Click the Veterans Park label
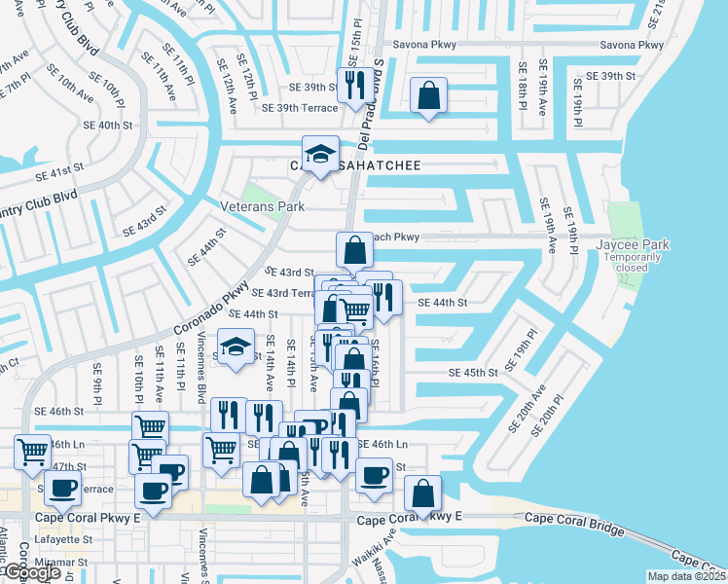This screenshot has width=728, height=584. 262,206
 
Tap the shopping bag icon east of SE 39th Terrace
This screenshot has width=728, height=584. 428,95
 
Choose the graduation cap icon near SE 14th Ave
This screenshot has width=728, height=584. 236,347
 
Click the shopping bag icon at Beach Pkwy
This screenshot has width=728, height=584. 355,249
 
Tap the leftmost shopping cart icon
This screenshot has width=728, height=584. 33,452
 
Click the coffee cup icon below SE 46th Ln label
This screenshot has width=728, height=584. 373,476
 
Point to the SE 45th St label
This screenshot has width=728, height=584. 473,373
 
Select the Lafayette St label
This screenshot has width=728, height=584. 63,538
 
